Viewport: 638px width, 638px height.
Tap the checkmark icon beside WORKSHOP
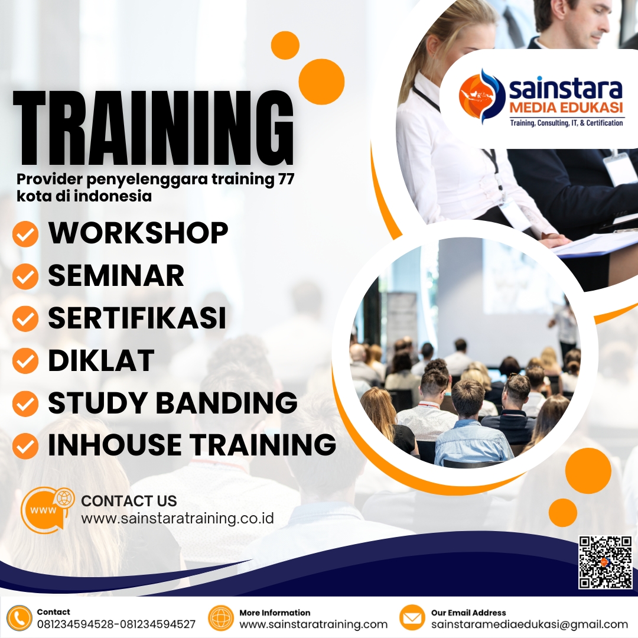point(25,234)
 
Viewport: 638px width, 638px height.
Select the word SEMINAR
point(116,275)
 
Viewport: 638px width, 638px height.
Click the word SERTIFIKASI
point(137,318)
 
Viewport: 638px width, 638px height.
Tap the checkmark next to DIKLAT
point(25,361)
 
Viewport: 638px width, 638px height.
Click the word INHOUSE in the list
point(113,445)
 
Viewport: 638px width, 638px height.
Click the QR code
point(606,562)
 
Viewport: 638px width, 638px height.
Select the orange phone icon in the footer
point(20,619)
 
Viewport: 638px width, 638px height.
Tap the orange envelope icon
point(412,619)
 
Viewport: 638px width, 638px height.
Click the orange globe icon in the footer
point(222,619)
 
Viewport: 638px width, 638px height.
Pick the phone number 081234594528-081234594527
point(116,624)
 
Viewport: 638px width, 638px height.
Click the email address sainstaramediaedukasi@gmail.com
point(529,624)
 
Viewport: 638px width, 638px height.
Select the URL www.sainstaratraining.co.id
point(177,519)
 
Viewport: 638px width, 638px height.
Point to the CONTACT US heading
point(129,501)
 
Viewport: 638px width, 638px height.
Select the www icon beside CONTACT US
point(47,509)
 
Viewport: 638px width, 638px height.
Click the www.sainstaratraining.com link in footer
point(313,624)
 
